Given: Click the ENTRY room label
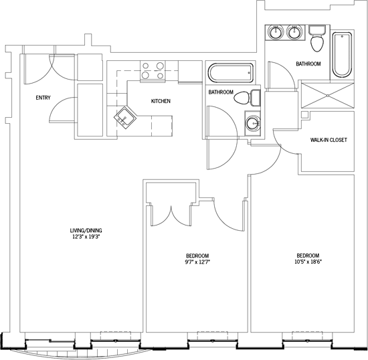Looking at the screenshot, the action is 43,98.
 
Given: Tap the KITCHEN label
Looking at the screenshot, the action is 161,101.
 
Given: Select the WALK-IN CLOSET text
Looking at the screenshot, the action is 329,140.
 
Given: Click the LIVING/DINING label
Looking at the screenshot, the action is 86,230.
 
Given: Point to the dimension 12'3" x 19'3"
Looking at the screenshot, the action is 86,237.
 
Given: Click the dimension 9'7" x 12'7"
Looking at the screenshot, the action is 197,262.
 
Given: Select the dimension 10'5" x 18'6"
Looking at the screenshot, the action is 308,262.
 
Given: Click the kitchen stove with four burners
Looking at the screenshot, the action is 153,71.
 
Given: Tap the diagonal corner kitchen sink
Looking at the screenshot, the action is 125,118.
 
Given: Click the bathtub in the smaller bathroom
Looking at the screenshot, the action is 231,73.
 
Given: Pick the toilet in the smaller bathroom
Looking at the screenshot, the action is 247,98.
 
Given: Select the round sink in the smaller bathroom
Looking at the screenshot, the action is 253,123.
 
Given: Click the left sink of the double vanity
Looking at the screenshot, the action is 276,32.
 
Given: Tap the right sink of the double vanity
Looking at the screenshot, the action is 294,32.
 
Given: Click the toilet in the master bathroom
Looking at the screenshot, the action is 317,39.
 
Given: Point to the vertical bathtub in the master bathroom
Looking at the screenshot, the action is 342,55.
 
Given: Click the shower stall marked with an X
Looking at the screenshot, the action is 328,96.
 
